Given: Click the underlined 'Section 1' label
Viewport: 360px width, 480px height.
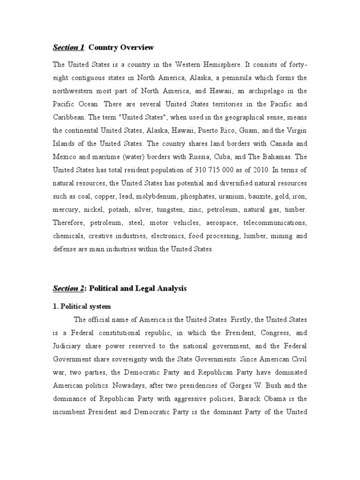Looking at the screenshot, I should tap(68, 48).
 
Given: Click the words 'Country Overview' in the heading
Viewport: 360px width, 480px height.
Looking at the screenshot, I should tap(121, 48).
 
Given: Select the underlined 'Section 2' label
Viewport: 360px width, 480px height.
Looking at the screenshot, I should tap(68, 289).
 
